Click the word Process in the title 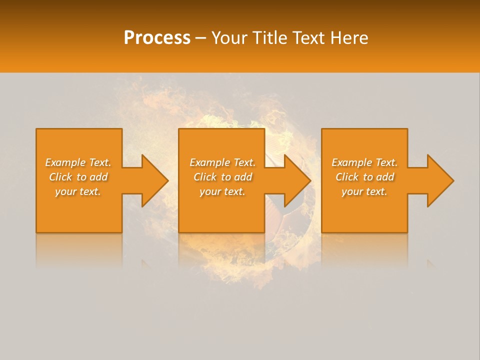157,38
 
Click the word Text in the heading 309,38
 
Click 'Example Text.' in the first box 78,162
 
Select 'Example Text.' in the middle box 222,162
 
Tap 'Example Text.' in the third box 364,162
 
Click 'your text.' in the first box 78,191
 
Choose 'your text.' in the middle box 222,191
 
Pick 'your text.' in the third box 364,191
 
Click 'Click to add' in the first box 78,177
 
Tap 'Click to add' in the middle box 222,177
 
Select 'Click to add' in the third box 364,177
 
